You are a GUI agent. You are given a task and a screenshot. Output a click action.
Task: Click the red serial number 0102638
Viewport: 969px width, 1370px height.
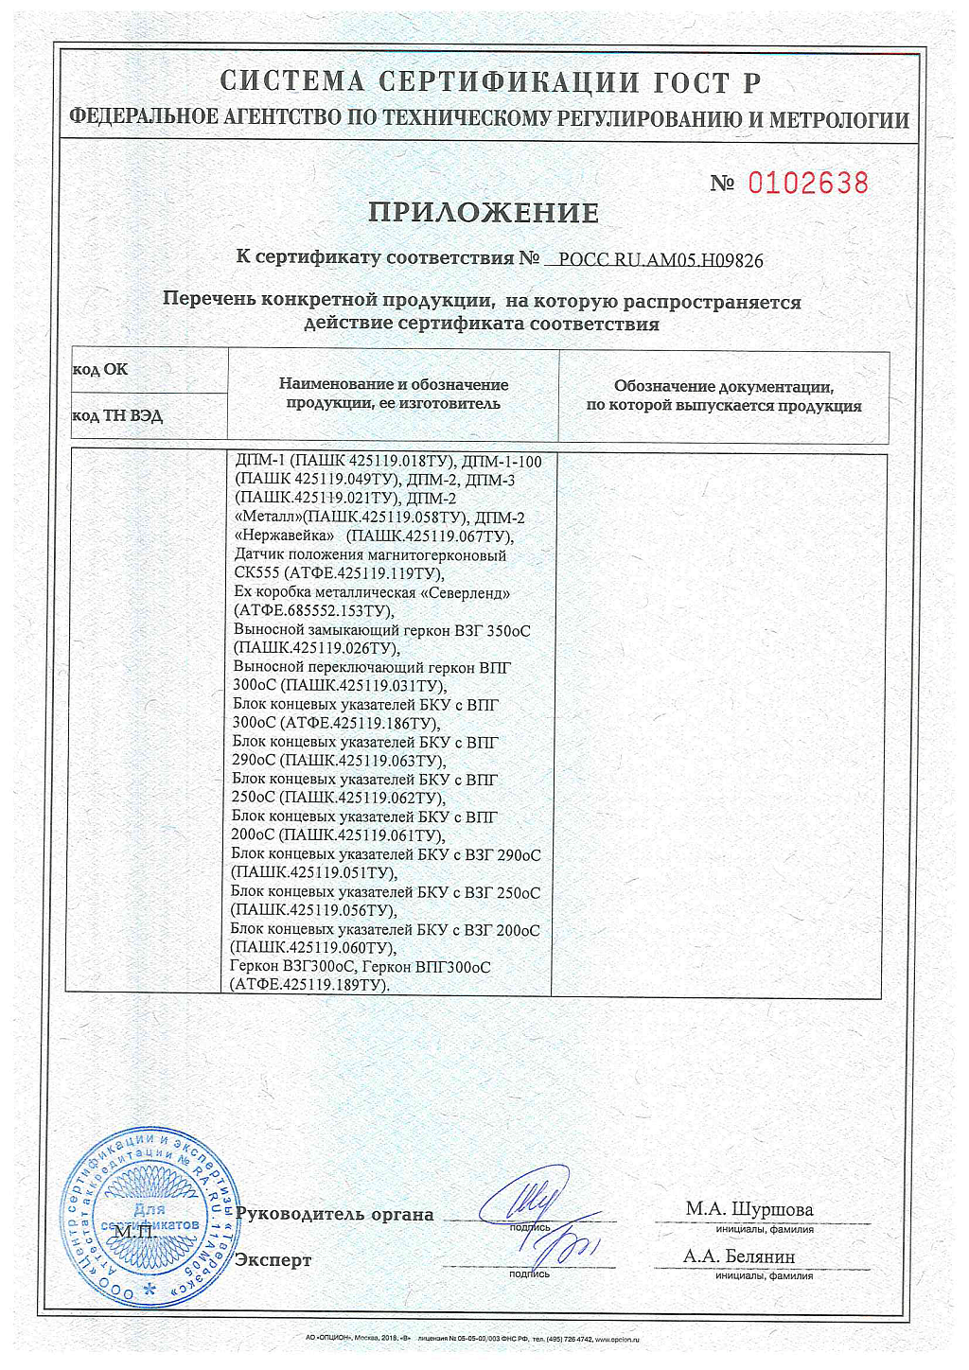point(807,183)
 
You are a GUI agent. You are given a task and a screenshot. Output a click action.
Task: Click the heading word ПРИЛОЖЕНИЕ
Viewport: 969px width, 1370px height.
point(484,213)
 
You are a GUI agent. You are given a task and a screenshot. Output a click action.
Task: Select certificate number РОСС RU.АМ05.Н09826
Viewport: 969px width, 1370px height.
point(661,260)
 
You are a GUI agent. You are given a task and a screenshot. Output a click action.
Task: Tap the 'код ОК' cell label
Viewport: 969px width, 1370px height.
point(100,370)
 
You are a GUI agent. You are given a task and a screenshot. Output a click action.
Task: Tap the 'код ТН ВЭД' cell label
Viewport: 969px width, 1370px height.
point(117,416)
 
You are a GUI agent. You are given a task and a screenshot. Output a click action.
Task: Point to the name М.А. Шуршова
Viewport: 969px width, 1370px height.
point(749,1209)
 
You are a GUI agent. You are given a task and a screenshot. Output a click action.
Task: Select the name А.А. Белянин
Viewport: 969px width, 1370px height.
point(739,1256)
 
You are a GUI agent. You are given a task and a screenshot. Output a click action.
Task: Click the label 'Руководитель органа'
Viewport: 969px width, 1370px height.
point(335,1215)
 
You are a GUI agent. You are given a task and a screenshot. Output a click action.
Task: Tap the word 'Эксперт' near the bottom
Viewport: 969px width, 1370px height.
point(273,1260)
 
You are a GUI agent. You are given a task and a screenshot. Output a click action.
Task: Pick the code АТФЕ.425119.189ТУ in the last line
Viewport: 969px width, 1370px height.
point(308,985)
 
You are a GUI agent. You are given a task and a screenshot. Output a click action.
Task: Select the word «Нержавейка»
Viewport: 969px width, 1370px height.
point(284,536)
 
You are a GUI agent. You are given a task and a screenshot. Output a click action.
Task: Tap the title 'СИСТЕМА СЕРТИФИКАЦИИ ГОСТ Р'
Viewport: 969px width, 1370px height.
point(489,82)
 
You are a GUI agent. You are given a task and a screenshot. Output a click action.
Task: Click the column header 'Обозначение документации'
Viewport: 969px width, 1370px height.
point(723,386)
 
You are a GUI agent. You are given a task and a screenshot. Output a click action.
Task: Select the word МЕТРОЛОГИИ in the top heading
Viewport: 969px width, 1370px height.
point(839,120)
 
